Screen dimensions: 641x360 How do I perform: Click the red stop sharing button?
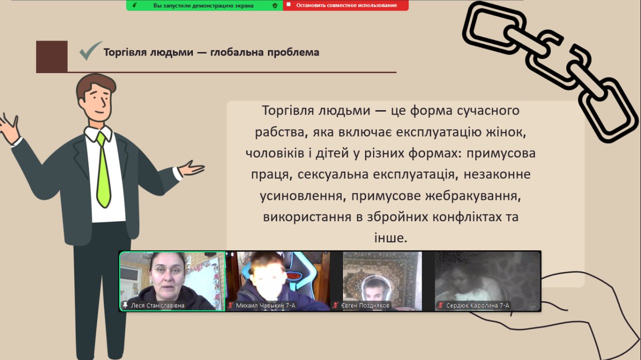pyautogui.click(x=346, y=5)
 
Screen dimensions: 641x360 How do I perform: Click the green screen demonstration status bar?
pyautogui.click(x=205, y=5)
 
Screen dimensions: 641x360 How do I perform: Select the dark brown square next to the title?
pyautogui.click(x=52, y=57)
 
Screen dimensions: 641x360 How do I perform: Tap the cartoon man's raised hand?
pyautogui.click(x=9, y=129)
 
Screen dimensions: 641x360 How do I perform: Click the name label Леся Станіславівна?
pyautogui.click(x=157, y=305)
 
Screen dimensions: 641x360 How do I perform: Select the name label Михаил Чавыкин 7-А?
pyautogui.click(x=265, y=305)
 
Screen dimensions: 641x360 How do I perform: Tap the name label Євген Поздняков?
pyautogui.click(x=365, y=305)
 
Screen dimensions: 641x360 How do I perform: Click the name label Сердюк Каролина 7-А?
pyautogui.click(x=478, y=305)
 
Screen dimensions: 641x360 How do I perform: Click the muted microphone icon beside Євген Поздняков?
pyautogui.click(x=336, y=305)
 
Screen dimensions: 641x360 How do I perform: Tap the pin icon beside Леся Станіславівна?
pyautogui.click(x=125, y=305)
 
